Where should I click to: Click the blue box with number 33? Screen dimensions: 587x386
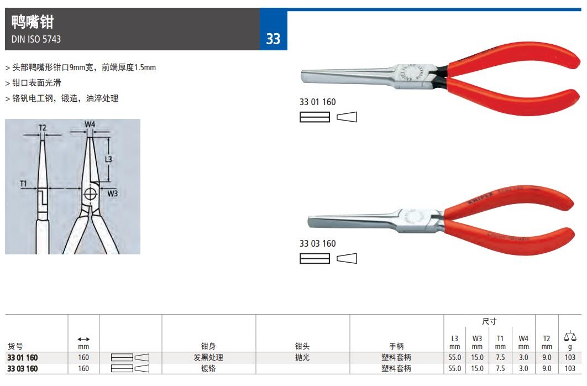pos(274,29)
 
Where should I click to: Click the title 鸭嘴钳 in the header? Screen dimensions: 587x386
pos(33,22)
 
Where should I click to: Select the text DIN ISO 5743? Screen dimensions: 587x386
pos(36,39)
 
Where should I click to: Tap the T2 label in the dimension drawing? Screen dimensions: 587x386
pos(43,128)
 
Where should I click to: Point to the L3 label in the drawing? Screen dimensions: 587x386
pos(108,159)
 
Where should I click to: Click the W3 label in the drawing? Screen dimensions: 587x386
pos(112,193)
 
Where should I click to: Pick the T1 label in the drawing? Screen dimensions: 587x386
pos(23,184)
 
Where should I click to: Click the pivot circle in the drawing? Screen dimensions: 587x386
pos(90,194)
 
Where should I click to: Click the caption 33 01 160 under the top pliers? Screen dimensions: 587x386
pos(317,102)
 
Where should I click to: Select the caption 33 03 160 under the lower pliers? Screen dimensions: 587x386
pos(317,243)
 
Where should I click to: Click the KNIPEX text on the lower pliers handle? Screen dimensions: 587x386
pos(480,197)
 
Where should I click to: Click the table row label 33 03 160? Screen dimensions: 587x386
pos(23,368)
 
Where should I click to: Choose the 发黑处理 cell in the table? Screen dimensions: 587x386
pos(208,357)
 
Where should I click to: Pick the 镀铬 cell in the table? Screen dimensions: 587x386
pos(208,368)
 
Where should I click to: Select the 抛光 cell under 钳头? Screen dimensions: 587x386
pos(302,357)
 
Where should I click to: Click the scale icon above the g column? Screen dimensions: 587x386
pos(570,336)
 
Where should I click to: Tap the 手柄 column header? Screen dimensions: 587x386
pos(396,346)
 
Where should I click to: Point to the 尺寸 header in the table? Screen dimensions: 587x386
pos(489,321)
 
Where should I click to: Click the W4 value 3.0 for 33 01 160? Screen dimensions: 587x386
pos(523,358)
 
